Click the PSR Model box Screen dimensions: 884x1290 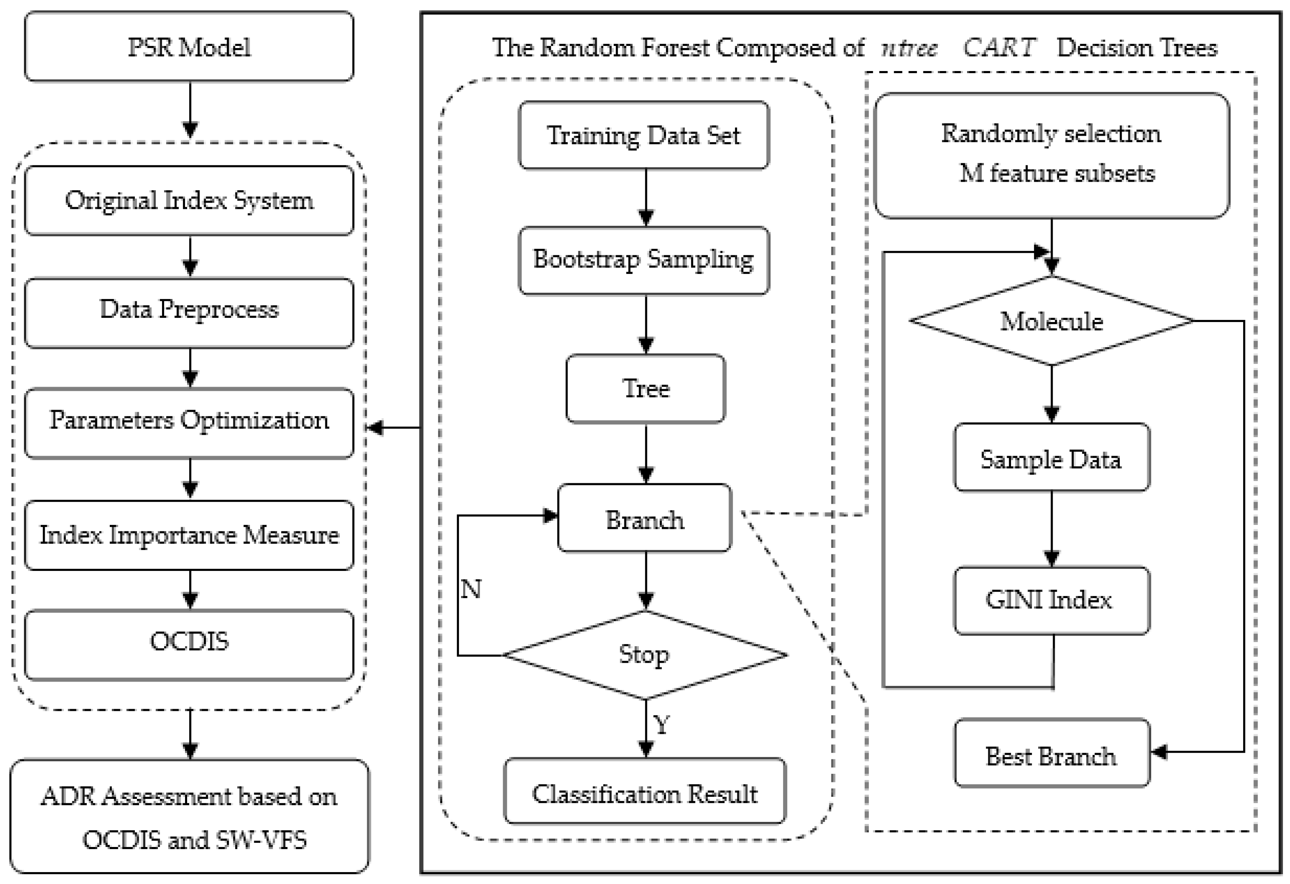click(x=189, y=47)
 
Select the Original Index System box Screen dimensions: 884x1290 click(x=189, y=200)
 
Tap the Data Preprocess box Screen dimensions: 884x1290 click(x=189, y=313)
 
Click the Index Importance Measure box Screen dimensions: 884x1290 click(x=189, y=535)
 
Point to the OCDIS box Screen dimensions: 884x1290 click(x=189, y=644)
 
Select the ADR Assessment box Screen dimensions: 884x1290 click(x=189, y=816)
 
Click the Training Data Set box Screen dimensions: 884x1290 click(x=644, y=135)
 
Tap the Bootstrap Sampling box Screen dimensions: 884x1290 click(x=644, y=260)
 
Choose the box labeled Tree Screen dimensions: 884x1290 click(x=646, y=389)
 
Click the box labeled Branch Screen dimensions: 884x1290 click(x=644, y=519)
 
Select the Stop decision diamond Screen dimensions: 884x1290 click(x=644, y=655)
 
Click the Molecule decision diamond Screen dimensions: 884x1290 click(x=1051, y=321)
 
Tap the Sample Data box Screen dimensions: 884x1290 click(x=1051, y=459)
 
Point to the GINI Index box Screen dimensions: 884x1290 click(x=1051, y=600)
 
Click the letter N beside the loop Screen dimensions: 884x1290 click(x=471, y=589)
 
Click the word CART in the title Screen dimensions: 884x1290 click(x=999, y=48)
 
